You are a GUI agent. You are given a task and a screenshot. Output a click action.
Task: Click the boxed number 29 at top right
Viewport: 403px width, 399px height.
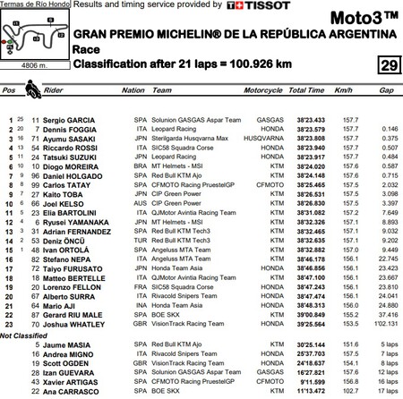coord(389,66)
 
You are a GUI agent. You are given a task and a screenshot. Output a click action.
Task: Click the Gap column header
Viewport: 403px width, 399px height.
coord(385,90)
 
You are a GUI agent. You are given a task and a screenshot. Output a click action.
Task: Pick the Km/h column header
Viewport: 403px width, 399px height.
coord(345,90)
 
